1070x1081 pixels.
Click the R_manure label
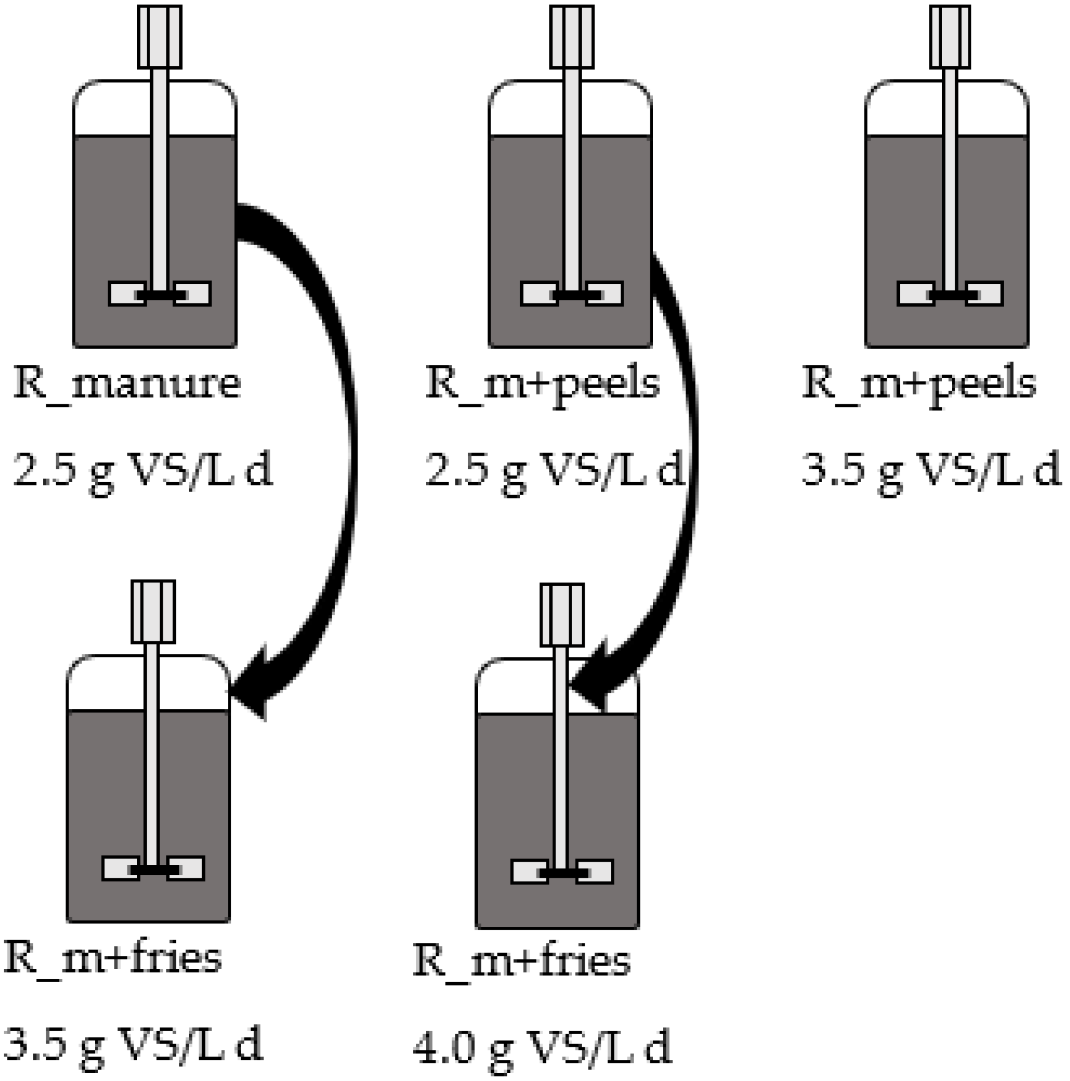coord(127,384)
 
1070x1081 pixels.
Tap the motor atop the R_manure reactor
coord(160,37)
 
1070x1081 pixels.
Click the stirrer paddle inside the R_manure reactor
coord(160,294)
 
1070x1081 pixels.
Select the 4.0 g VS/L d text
coord(542,1048)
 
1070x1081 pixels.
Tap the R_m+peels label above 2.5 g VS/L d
coord(542,384)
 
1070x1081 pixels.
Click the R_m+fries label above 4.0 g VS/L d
coord(521,961)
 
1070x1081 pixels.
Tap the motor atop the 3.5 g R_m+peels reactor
coord(950,37)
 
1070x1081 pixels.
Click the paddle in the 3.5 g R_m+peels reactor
coord(950,294)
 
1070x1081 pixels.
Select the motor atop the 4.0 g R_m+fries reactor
coord(562,614)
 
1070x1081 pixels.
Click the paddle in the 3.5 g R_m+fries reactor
coord(153,869)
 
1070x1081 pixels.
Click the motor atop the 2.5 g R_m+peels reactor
coord(572,37)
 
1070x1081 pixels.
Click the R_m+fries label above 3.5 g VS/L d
coord(112,958)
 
